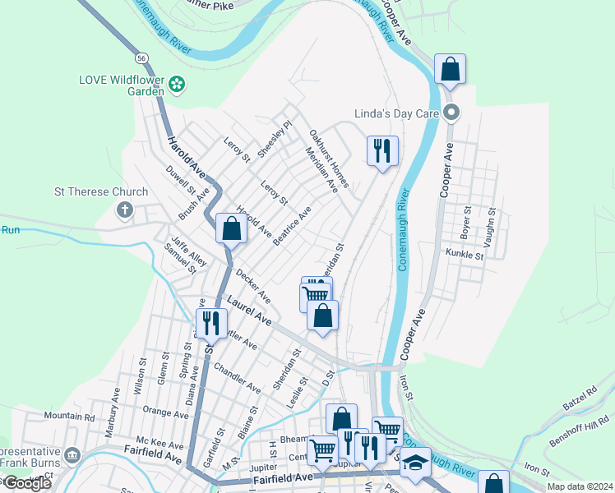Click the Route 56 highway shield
[142, 58]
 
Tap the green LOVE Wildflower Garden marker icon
[176, 83]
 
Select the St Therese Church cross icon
[125, 210]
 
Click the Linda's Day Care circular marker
[450, 113]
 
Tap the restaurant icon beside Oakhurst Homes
[381, 151]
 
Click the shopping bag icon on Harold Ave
[231, 229]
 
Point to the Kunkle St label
[465, 255]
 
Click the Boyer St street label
[465, 221]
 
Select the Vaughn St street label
[492, 222]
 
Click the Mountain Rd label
[69, 417]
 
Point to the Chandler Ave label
[237, 374]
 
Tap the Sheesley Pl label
[275, 140]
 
